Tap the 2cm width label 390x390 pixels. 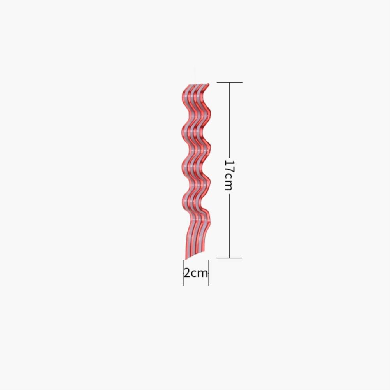point(195,273)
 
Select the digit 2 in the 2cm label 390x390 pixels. point(187,273)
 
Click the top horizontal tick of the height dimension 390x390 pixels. point(230,82)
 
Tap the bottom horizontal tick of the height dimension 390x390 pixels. point(229,258)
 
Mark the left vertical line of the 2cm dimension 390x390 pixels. point(183,272)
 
